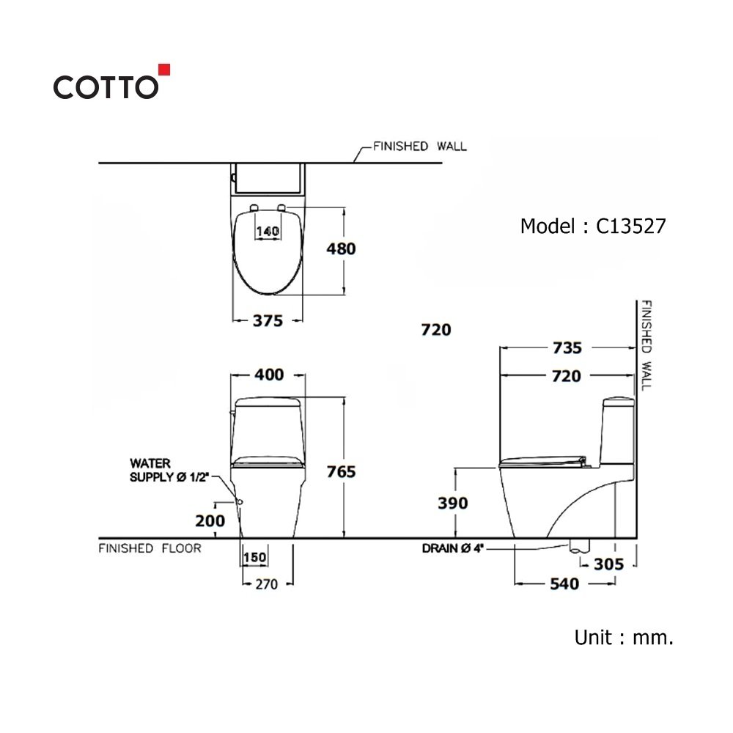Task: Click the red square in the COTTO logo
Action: (164, 70)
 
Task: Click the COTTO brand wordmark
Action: (106, 87)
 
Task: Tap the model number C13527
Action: (630, 226)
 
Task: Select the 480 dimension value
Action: (342, 248)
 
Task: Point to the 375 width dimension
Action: (268, 321)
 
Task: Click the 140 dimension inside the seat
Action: (268, 231)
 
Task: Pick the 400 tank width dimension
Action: (269, 375)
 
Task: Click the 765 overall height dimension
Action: (342, 471)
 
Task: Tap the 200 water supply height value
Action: (210, 520)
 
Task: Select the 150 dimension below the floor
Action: (255, 557)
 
